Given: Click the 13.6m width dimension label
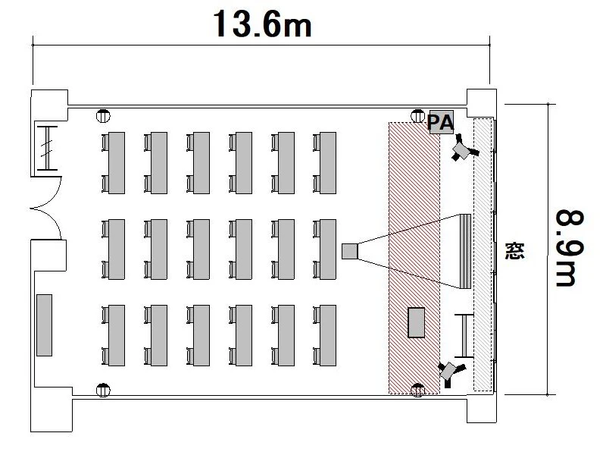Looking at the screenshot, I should [262, 24].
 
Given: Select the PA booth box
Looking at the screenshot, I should [441, 122].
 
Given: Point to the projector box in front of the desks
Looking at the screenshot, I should [349, 250].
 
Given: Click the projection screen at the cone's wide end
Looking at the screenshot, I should [465, 251].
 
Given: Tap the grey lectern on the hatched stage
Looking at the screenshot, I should [417, 322].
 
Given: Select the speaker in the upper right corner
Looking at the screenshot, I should [461, 149].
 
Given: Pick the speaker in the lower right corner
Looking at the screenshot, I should [451, 371].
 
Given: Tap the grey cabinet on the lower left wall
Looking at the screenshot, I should [44, 324].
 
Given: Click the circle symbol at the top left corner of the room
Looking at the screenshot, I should [104, 117].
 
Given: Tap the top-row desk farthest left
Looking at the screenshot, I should [117, 163].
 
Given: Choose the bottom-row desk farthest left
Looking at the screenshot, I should [117, 334].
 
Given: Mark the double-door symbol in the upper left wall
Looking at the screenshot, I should [47, 146].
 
